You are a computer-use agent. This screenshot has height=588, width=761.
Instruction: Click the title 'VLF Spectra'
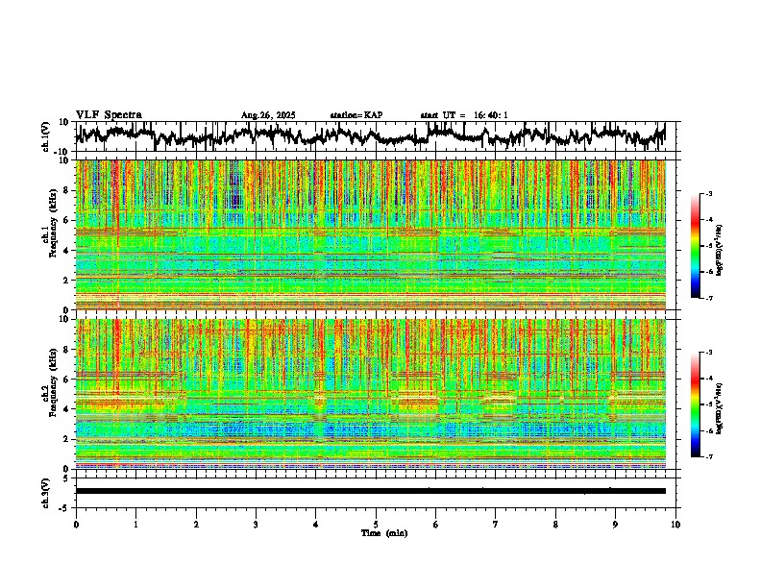click(x=109, y=115)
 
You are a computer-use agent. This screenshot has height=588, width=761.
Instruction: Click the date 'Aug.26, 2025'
click(x=268, y=115)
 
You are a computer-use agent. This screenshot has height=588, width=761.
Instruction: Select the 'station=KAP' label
click(x=356, y=115)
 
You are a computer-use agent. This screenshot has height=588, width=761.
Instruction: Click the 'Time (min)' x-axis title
click(x=383, y=533)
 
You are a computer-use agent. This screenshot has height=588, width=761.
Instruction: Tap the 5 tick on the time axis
click(x=376, y=525)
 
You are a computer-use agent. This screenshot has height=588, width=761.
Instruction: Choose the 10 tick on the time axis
click(x=675, y=525)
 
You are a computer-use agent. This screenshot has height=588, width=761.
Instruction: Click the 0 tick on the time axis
click(x=76, y=525)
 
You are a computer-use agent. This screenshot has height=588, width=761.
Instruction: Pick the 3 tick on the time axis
click(x=256, y=525)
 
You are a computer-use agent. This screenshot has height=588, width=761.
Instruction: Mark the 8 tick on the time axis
click(x=555, y=525)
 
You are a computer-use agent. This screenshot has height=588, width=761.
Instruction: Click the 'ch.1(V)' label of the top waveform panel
click(x=45, y=136)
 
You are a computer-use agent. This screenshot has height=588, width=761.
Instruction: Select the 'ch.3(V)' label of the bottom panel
click(x=45, y=491)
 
